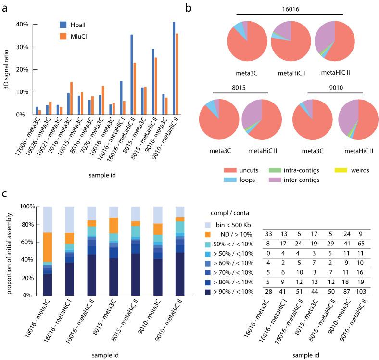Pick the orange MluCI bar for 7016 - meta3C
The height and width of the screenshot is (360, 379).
tap(72, 98)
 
